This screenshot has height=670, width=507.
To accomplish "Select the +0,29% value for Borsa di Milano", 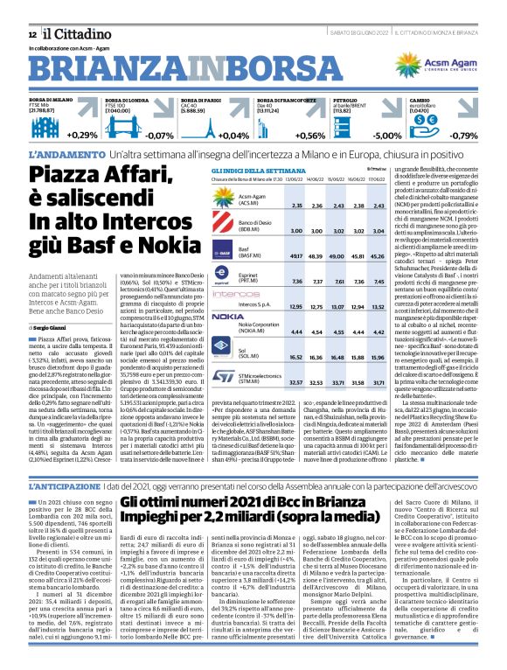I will click(x=83, y=136).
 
